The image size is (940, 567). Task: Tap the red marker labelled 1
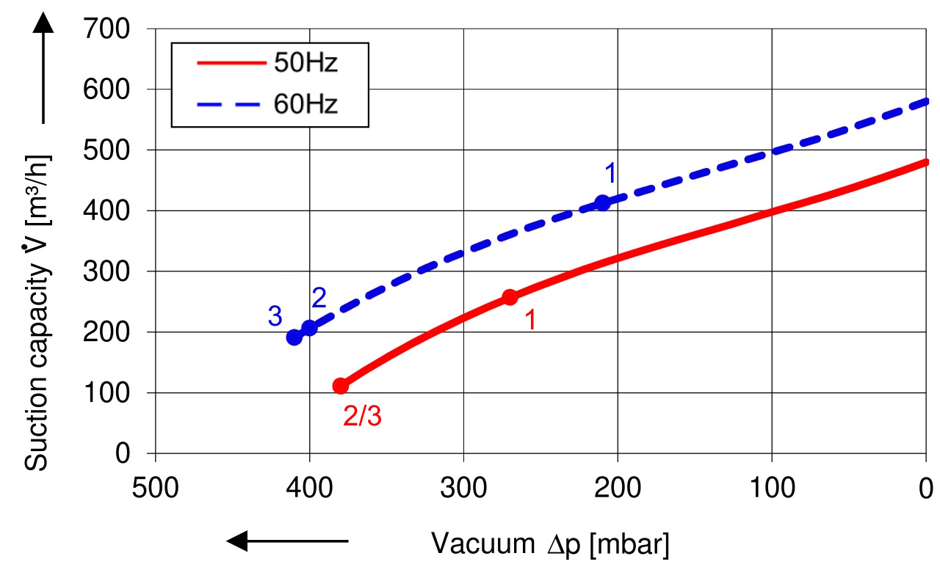(x=510, y=297)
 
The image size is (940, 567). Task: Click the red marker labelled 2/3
(x=341, y=386)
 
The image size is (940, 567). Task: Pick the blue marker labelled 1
(x=602, y=202)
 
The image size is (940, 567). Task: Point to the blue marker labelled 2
(x=310, y=328)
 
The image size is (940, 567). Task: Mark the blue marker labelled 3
(x=294, y=337)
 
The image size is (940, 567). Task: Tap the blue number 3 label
(x=275, y=316)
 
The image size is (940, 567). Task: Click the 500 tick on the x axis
(x=156, y=488)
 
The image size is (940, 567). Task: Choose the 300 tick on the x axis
(x=464, y=488)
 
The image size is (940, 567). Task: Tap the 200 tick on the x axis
(x=618, y=488)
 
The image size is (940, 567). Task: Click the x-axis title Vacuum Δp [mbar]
(x=551, y=544)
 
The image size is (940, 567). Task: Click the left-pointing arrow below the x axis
(x=286, y=542)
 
